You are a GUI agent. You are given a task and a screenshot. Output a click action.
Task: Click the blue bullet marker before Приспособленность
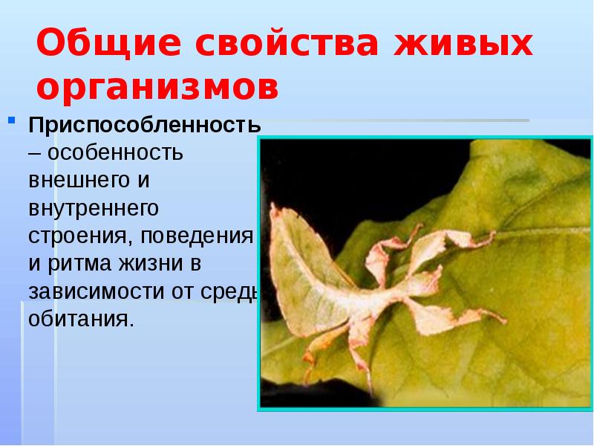12,119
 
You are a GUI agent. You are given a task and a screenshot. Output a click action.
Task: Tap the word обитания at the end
82,319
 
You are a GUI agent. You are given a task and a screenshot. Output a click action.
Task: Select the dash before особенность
34,152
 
